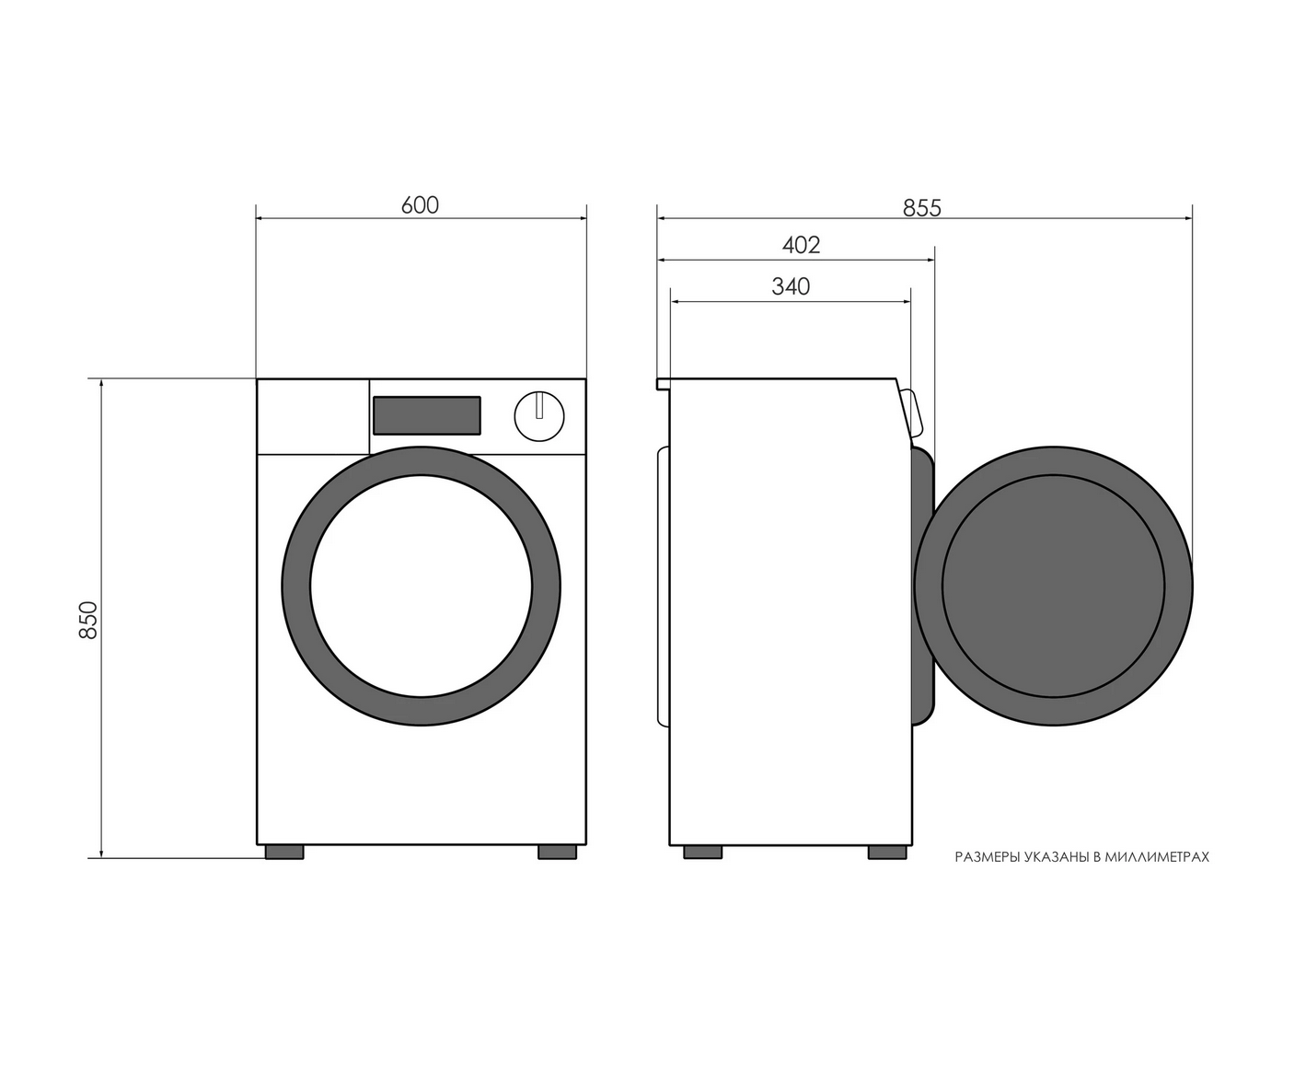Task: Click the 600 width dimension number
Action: [420, 205]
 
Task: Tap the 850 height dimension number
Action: [88, 621]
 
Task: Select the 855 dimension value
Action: [921, 208]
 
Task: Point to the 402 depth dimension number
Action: [802, 246]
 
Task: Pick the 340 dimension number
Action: [791, 286]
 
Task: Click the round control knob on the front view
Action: [539, 416]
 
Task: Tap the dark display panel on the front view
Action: [427, 415]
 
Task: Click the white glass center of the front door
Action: [422, 587]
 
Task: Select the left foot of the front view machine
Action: [284, 852]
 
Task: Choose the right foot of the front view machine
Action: [558, 852]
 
